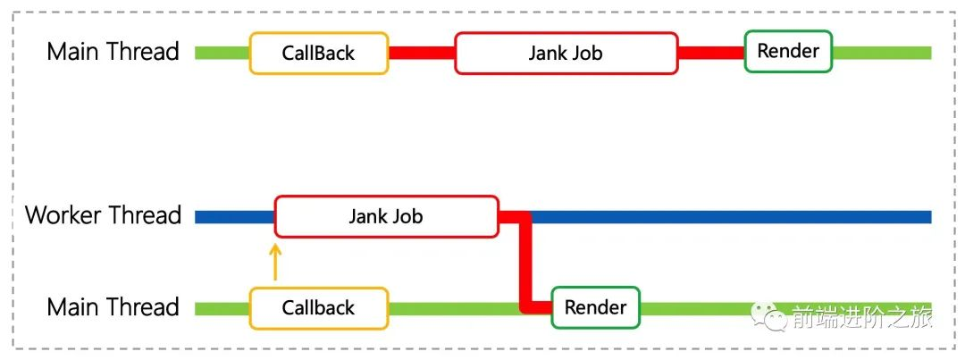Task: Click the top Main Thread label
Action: click(x=113, y=52)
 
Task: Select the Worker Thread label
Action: click(x=103, y=215)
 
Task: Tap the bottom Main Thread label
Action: click(x=113, y=307)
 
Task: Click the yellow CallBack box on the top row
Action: click(x=319, y=53)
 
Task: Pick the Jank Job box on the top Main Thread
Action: click(x=566, y=53)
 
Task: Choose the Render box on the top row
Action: click(x=788, y=51)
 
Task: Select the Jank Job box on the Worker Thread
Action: click(x=386, y=216)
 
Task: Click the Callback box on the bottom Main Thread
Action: click(x=319, y=308)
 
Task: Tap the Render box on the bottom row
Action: click(x=595, y=308)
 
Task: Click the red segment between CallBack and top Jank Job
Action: click(x=421, y=53)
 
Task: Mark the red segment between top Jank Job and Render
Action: click(x=710, y=53)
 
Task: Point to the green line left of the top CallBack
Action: click(x=222, y=53)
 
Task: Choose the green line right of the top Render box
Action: click(x=881, y=53)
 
